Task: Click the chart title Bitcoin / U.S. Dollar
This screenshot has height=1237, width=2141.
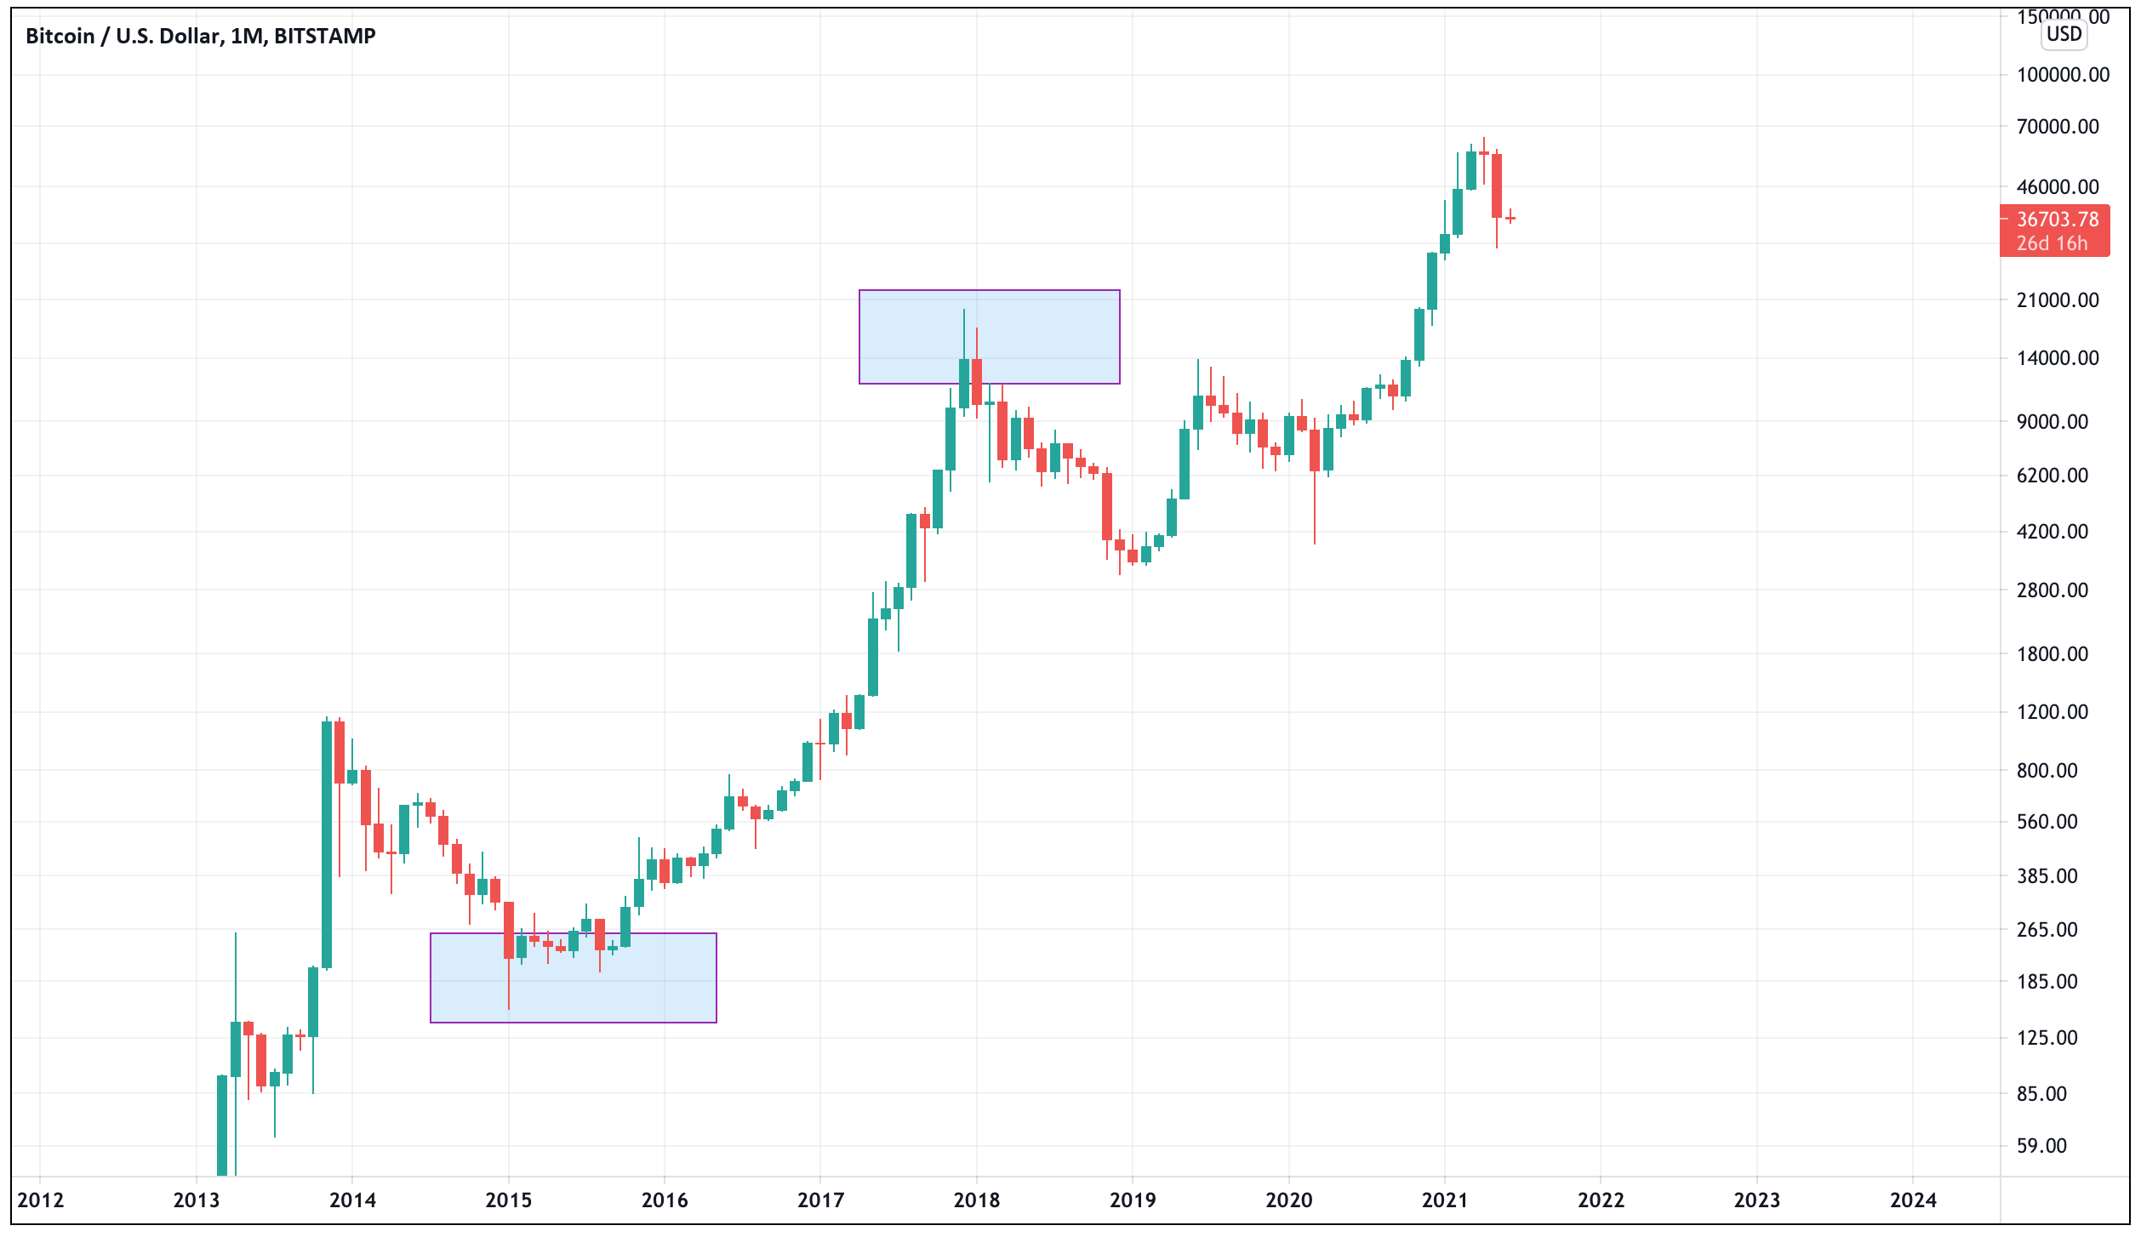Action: coord(200,36)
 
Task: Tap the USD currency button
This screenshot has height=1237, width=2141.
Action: coord(2064,34)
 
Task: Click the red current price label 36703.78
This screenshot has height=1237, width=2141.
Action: coord(2057,219)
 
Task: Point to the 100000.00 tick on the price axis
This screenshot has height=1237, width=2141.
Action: coord(2063,75)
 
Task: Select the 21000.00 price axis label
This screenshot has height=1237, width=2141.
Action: coord(2058,300)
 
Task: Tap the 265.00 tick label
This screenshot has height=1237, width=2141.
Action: coord(2047,930)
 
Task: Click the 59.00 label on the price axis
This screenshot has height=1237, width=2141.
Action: coord(2041,1146)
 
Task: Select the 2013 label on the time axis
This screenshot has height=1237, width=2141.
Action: coord(196,1200)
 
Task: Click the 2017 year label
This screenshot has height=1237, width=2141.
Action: coord(820,1200)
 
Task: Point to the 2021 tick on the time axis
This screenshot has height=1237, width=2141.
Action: coord(1444,1200)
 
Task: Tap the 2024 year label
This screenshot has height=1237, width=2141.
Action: coord(1913,1200)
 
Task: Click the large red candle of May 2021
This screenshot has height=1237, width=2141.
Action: coord(1497,185)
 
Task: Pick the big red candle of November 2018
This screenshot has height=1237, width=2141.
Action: coord(1107,506)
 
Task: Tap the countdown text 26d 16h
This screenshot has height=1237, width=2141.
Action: coord(2052,243)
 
